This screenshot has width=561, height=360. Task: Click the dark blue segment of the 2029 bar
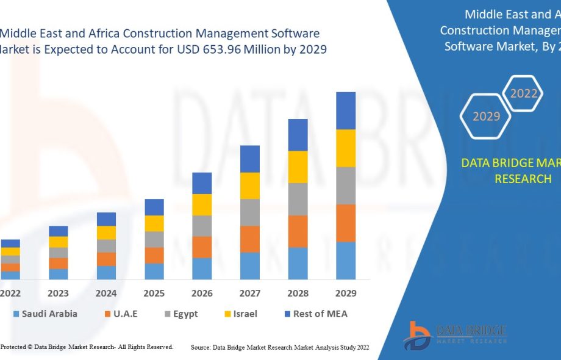pyautogui.click(x=346, y=110)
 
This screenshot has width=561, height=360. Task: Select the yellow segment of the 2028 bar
pyautogui.click(x=298, y=167)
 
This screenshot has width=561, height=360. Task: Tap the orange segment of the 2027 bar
pyautogui.click(x=250, y=239)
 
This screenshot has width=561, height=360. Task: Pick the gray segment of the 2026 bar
pyautogui.click(x=202, y=226)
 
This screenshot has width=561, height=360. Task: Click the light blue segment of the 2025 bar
pyautogui.click(x=154, y=271)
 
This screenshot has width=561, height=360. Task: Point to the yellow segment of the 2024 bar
pyautogui.click(x=106, y=232)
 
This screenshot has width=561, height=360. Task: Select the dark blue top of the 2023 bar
pyautogui.click(x=59, y=231)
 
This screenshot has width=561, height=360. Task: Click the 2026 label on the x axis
pyautogui.click(x=202, y=293)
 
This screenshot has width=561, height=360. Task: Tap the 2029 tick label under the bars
pyautogui.click(x=346, y=293)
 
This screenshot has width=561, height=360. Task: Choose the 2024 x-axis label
pyautogui.click(x=106, y=293)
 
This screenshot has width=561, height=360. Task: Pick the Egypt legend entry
pyautogui.click(x=180, y=314)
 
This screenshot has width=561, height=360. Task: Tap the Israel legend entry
pyautogui.click(x=239, y=314)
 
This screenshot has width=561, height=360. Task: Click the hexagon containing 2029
pyautogui.click(x=486, y=116)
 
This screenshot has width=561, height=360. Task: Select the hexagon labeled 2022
pyautogui.click(x=524, y=93)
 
